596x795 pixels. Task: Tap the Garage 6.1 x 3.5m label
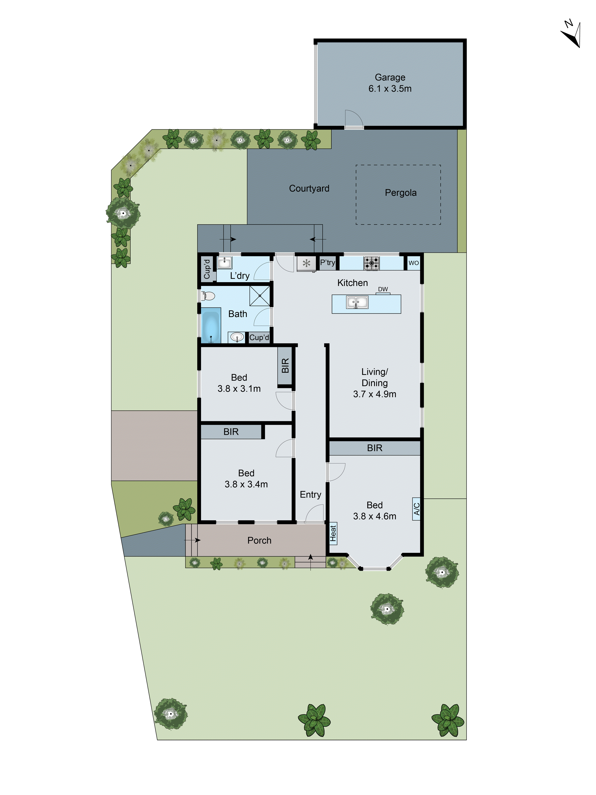[x=390, y=83]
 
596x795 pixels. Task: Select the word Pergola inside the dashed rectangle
[x=401, y=193]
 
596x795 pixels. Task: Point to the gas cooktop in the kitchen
[x=372, y=263]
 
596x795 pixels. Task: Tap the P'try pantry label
[x=327, y=263]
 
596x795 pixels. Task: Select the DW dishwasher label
[x=383, y=289]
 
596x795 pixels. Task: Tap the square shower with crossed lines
[x=259, y=296]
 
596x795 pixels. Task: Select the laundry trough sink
[x=224, y=263]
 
